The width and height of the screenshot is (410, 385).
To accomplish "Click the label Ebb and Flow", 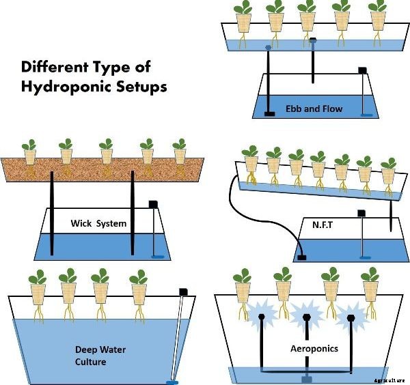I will point(314,109).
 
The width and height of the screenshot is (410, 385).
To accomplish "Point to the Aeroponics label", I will point(313,348).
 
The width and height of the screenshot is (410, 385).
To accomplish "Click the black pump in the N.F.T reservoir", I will point(301,257).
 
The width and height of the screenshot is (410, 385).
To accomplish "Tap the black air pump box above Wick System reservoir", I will point(154,203).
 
